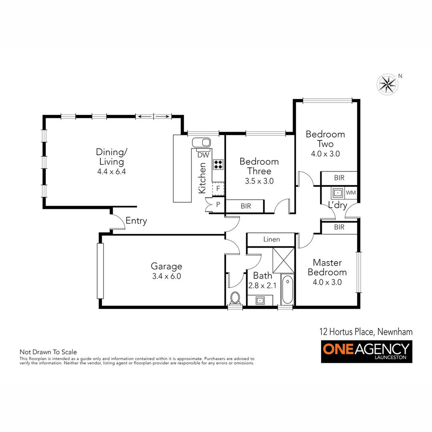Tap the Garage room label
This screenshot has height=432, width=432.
[x=166, y=266]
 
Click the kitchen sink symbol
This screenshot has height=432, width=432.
[x=201, y=142]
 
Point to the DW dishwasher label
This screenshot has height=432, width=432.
[x=203, y=155]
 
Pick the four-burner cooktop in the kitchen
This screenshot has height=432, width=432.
[x=218, y=164]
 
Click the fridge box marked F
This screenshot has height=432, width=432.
[x=218, y=188]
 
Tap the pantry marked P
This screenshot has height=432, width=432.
[x=218, y=204]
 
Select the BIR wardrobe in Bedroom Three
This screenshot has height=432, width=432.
[x=245, y=206]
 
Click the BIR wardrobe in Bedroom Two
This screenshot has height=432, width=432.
[x=339, y=178]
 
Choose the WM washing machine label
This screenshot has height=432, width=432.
[x=350, y=193]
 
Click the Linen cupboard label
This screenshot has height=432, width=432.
[x=271, y=239]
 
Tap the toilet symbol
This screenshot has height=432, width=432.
[x=235, y=298]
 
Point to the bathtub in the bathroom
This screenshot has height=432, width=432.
[x=286, y=290]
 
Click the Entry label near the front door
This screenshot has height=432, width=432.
[x=136, y=220]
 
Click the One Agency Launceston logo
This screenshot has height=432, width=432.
[x=366, y=351]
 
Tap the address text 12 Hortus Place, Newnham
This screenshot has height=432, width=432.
[x=366, y=332]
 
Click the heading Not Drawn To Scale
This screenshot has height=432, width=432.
[x=48, y=352]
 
